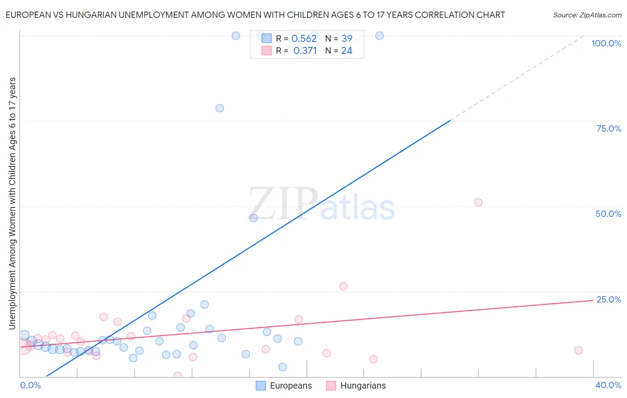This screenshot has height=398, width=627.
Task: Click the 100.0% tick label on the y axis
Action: (x=606, y=43)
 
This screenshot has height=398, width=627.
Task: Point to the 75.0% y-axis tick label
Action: (x=609, y=129)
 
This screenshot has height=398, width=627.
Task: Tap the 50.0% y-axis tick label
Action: (x=608, y=214)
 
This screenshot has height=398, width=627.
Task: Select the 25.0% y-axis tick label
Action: (x=609, y=299)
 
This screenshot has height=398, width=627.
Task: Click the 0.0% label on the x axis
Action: (x=30, y=385)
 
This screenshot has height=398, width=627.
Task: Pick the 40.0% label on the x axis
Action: (x=608, y=385)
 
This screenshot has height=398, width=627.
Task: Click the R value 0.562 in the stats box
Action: (x=304, y=39)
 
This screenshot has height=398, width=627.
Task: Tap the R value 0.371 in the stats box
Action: (x=305, y=51)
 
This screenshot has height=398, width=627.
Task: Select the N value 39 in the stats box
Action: (x=347, y=39)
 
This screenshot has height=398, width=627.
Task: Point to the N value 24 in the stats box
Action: (x=347, y=51)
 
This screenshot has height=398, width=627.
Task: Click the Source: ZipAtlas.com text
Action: (x=587, y=15)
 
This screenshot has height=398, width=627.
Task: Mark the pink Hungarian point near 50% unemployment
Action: (x=478, y=203)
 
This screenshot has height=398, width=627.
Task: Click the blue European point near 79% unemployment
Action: (x=219, y=108)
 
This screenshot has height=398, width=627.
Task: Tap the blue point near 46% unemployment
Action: (x=253, y=218)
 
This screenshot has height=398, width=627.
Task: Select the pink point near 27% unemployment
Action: (x=343, y=286)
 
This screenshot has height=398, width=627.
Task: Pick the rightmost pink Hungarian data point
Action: (x=578, y=350)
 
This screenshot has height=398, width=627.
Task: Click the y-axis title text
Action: (x=12, y=203)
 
